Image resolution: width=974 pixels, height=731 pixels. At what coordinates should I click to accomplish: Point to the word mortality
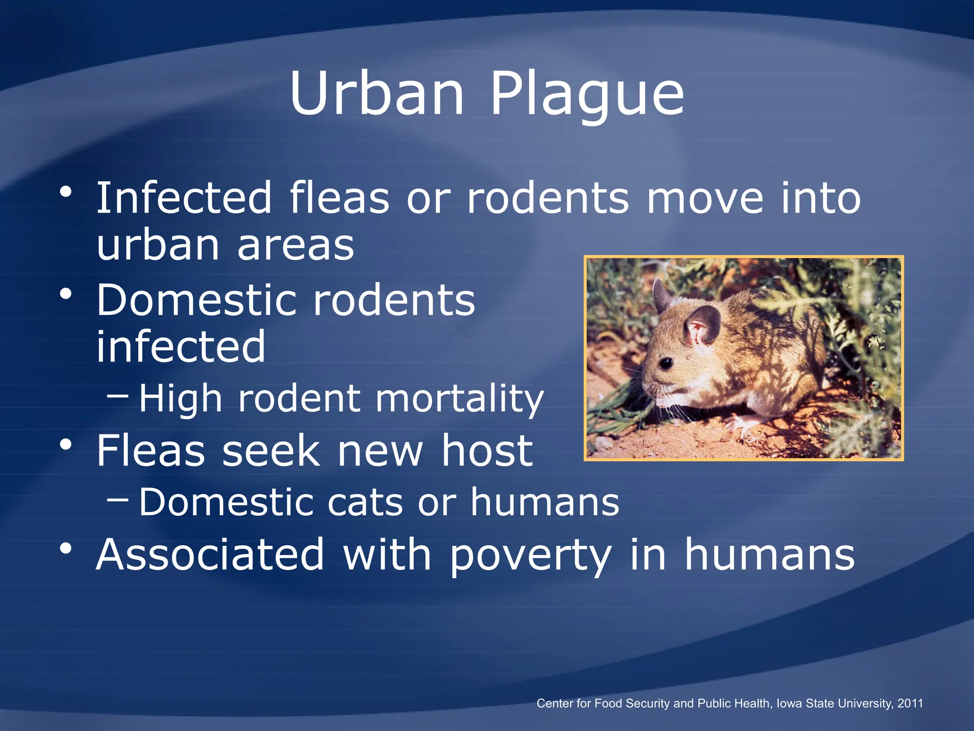[x=459, y=399]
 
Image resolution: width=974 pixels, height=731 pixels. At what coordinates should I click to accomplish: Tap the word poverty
[x=530, y=555]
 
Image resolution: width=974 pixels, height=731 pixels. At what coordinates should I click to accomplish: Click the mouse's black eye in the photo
[x=666, y=364]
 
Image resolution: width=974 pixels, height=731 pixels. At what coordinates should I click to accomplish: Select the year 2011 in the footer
[x=910, y=703]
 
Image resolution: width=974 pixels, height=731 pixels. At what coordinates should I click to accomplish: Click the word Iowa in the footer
[x=790, y=703]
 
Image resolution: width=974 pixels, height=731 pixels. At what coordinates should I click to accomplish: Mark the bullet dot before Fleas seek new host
[x=66, y=445]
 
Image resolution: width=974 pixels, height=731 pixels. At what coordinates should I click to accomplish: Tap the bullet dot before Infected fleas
[x=66, y=192]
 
